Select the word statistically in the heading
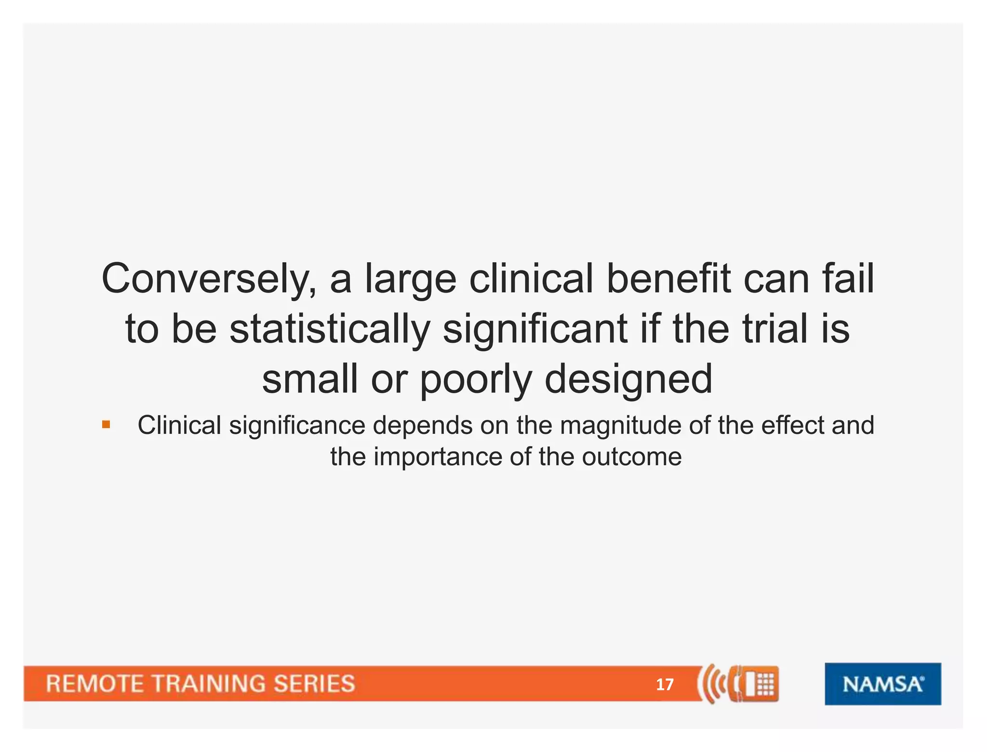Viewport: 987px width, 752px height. (330, 330)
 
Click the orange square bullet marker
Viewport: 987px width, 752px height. (106, 425)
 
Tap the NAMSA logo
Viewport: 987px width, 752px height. (882, 684)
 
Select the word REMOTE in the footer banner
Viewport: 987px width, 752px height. (94, 684)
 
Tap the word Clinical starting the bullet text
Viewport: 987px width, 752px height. (179, 425)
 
